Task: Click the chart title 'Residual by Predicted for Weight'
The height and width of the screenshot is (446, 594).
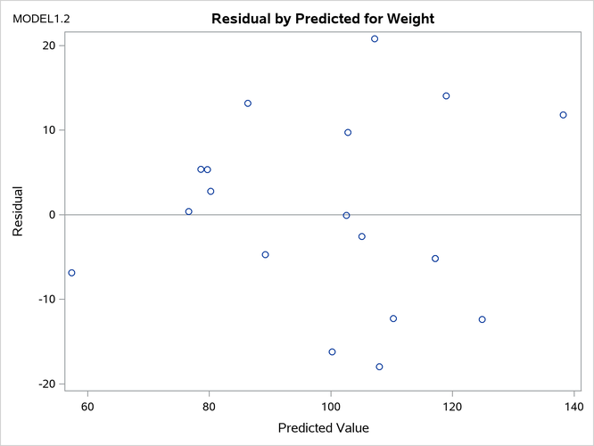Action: click(x=322, y=19)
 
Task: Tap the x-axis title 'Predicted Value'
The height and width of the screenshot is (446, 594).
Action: click(x=323, y=427)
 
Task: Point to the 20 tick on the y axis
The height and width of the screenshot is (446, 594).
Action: click(x=47, y=45)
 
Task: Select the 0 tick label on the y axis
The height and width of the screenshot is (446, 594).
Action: click(x=52, y=215)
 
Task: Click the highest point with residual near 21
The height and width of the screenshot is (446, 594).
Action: click(x=375, y=38)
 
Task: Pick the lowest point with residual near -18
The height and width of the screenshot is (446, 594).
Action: click(x=379, y=367)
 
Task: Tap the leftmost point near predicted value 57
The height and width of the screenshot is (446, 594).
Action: click(x=71, y=273)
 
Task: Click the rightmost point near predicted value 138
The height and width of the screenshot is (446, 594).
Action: click(x=563, y=115)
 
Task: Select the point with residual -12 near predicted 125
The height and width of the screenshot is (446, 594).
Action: click(x=483, y=319)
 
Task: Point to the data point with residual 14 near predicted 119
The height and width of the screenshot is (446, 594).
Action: click(x=446, y=96)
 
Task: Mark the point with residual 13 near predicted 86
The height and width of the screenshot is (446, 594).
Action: click(x=248, y=103)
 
